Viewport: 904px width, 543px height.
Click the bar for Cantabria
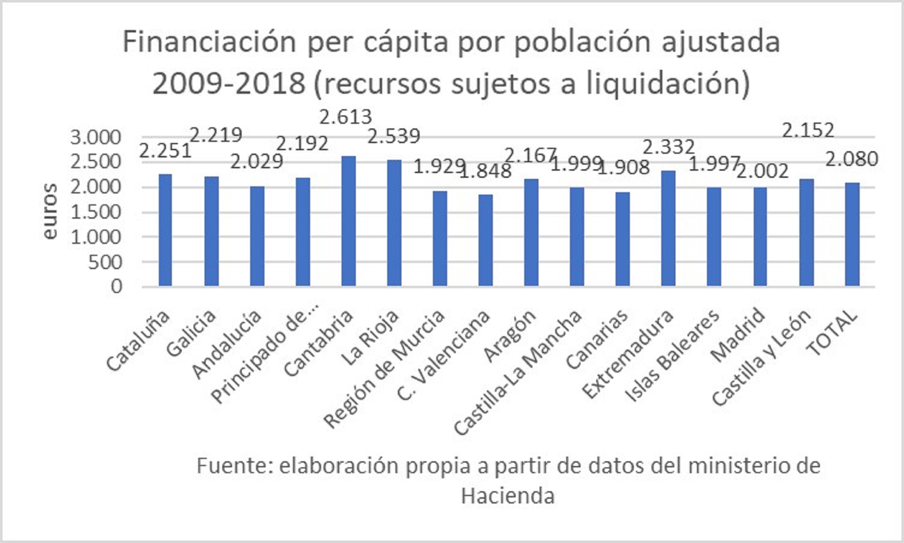click(x=348, y=221)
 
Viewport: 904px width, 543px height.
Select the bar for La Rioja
click(x=394, y=223)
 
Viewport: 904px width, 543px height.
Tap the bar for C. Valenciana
click(x=485, y=240)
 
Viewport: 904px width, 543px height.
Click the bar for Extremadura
click(x=668, y=228)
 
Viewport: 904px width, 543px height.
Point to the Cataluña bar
click(x=165, y=230)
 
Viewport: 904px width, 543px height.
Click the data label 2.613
click(x=345, y=117)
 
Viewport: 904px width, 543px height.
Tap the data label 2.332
click(x=668, y=147)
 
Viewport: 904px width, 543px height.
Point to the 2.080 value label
click(x=852, y=159)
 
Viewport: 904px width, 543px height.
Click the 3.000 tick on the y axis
click(x=96, y=138)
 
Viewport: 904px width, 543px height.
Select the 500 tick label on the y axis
click(x=105, y=262)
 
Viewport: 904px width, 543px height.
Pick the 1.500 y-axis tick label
click(x=96, y=212)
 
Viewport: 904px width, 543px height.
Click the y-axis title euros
click(x=49, y=211)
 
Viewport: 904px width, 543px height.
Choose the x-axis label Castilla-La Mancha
click(x=518, y=372)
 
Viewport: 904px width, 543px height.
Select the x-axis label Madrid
click(x=737, y=334)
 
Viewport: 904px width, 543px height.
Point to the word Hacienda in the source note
click(x=508, y=496)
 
